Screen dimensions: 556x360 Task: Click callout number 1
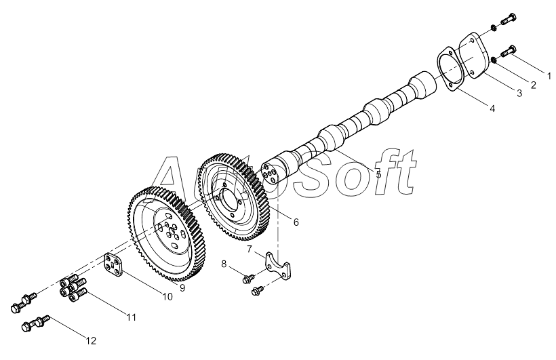click(549, 76)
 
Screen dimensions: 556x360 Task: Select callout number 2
click(533, 85)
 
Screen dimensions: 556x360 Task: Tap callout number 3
click(519, 94)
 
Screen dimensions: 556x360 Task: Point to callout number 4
click(492, 108)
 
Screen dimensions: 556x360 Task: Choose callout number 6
click(296, 222)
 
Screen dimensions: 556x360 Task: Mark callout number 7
click(250, 249)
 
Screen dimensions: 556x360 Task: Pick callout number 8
click(224, 264)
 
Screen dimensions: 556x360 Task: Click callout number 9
click(182, 287)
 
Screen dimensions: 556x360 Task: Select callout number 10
click(167, 296)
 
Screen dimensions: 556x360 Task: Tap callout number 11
click(132, 317)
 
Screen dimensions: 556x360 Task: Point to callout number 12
click(91, 341)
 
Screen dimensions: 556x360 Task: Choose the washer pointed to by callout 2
click(494, 60)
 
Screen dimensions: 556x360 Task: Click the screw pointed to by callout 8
click(249, 279)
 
